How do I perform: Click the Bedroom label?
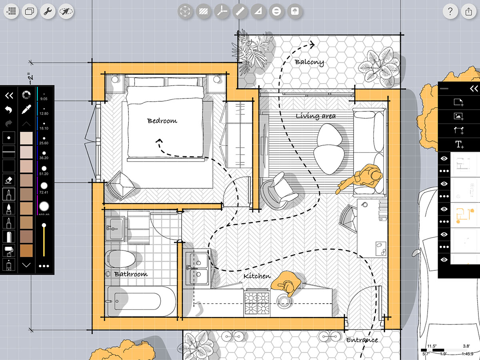162,121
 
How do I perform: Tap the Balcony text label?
309,62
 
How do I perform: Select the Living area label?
316,116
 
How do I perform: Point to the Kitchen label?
257,276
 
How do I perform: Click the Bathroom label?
131,274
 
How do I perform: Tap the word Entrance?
362,340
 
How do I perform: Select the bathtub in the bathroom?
141,301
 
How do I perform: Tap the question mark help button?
450,11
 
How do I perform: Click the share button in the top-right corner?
468,11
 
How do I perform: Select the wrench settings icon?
48,11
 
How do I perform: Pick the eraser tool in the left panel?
8,180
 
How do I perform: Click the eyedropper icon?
26,109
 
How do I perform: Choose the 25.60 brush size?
44,140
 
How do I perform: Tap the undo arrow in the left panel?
8,109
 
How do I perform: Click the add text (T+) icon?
459,144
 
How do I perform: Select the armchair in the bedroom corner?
121,186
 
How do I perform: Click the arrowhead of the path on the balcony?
312,44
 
